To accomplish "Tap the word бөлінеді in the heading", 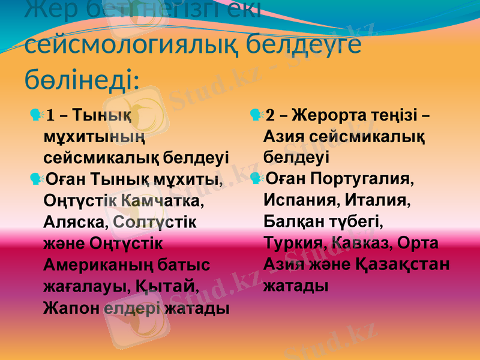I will [x=82, y=78].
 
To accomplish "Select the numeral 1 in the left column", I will [x=50, y=115].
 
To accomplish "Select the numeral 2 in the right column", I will [x=269, y=115].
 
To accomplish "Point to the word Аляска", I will [x=74, y=221].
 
